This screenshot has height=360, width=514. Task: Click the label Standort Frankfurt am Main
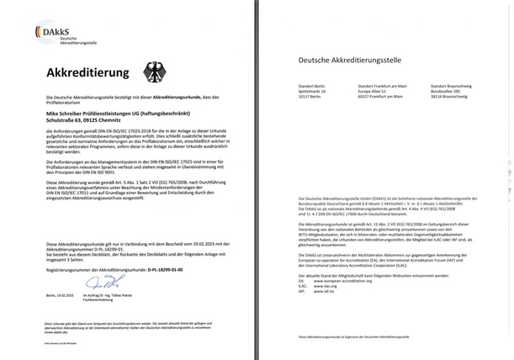click(x=384, y=85)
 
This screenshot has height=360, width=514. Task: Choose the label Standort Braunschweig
click(x=454, y=85)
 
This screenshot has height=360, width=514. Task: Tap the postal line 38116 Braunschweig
click(x=453, y=98)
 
